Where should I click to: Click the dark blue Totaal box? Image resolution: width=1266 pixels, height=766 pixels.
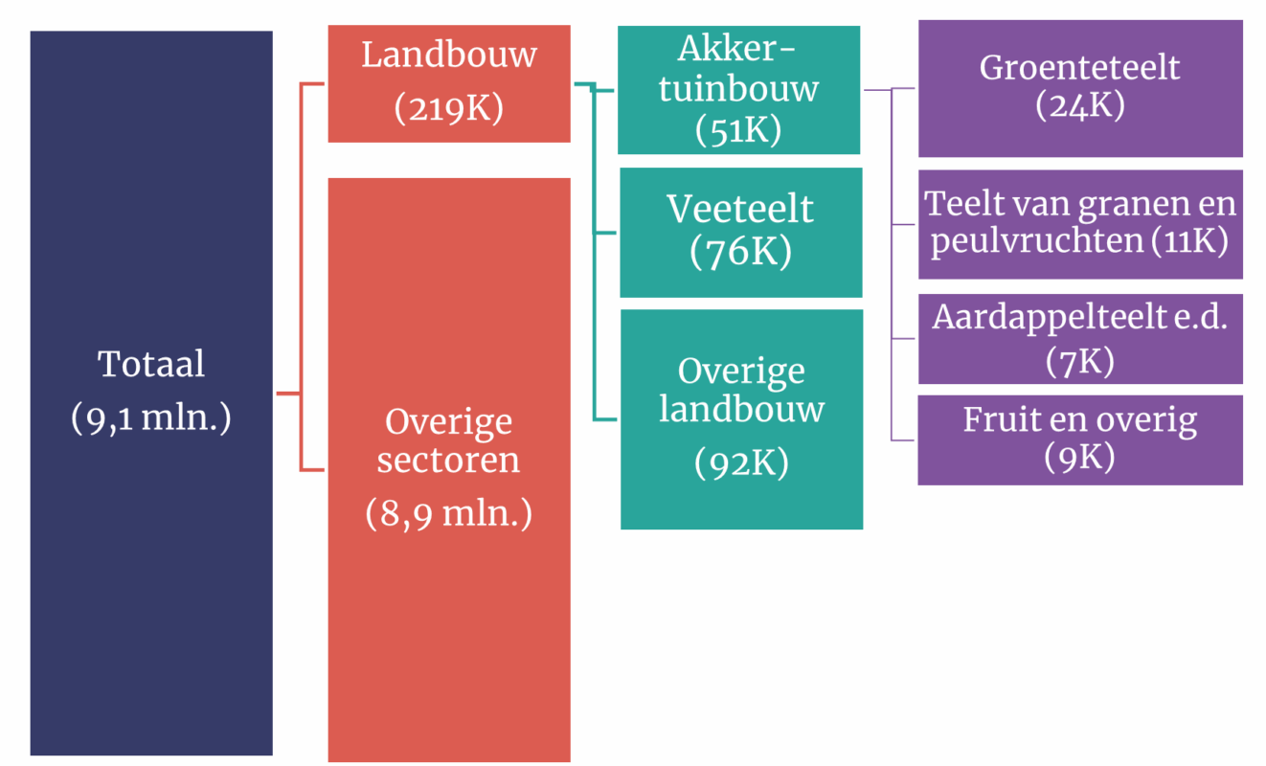(150, 574)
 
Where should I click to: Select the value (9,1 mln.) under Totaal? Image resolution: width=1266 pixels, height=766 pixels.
(151, 419)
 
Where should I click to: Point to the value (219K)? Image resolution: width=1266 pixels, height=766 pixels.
(448, 107)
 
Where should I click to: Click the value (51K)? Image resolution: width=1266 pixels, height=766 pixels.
(739, 129)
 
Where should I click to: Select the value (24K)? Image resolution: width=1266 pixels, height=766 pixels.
(1080, 104)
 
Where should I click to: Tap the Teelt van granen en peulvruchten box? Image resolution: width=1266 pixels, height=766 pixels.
(1080, 224)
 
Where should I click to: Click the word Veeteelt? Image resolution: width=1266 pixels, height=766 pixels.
(740, 209)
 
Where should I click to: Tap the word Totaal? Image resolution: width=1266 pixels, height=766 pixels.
(151, 364)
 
